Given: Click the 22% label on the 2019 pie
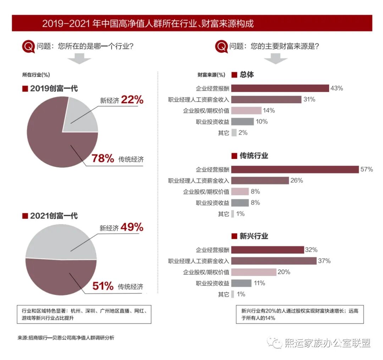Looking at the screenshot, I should (132, 100).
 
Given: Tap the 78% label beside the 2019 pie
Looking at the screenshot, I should (103, 159).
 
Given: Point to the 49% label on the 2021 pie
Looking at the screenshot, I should (132, 227).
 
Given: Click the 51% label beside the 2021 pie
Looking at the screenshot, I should (103, 286).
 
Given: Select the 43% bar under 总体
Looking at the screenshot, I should (280, 88).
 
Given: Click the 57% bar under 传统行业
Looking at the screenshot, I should (295, 169).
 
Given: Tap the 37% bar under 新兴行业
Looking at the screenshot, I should (274, 261).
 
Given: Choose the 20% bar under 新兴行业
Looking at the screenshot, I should (254, 272).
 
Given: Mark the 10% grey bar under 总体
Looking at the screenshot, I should (243, 122).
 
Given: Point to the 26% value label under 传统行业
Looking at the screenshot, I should (296, 181).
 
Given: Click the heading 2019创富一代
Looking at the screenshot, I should (50, 89).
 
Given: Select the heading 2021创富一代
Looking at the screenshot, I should (50, 216).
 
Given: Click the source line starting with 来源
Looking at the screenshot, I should (66, 338).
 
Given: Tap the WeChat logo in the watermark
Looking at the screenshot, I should (275, 343).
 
